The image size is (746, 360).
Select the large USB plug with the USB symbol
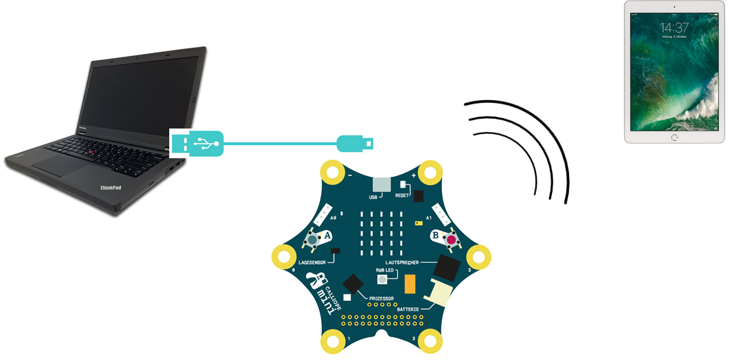point(198,144)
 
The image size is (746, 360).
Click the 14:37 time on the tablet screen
point(674,28)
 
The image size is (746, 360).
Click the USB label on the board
point(374,197)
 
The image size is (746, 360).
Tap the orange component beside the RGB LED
point(410,283)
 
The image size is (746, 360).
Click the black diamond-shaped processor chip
point(354,284)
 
